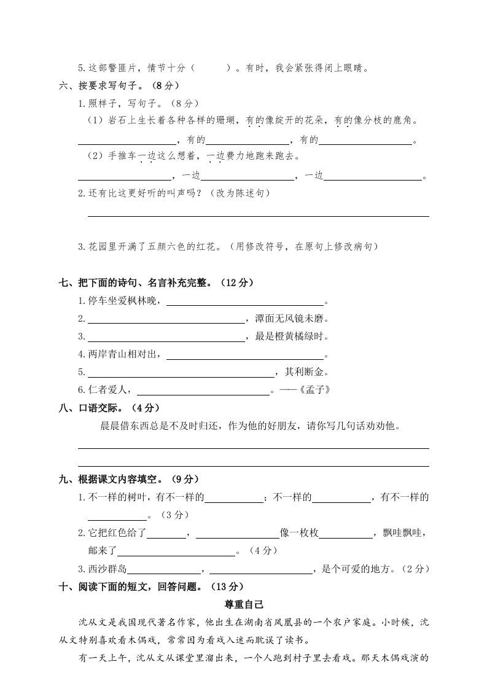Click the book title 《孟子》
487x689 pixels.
[321, 389]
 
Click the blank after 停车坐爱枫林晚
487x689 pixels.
[244, 302]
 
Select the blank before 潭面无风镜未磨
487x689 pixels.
[166, 319]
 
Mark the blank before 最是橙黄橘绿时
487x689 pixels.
[166, 337]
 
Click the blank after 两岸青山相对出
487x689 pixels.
[244, 355]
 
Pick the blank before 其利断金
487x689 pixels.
[181, 373]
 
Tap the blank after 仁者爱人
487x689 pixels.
[203, 390]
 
